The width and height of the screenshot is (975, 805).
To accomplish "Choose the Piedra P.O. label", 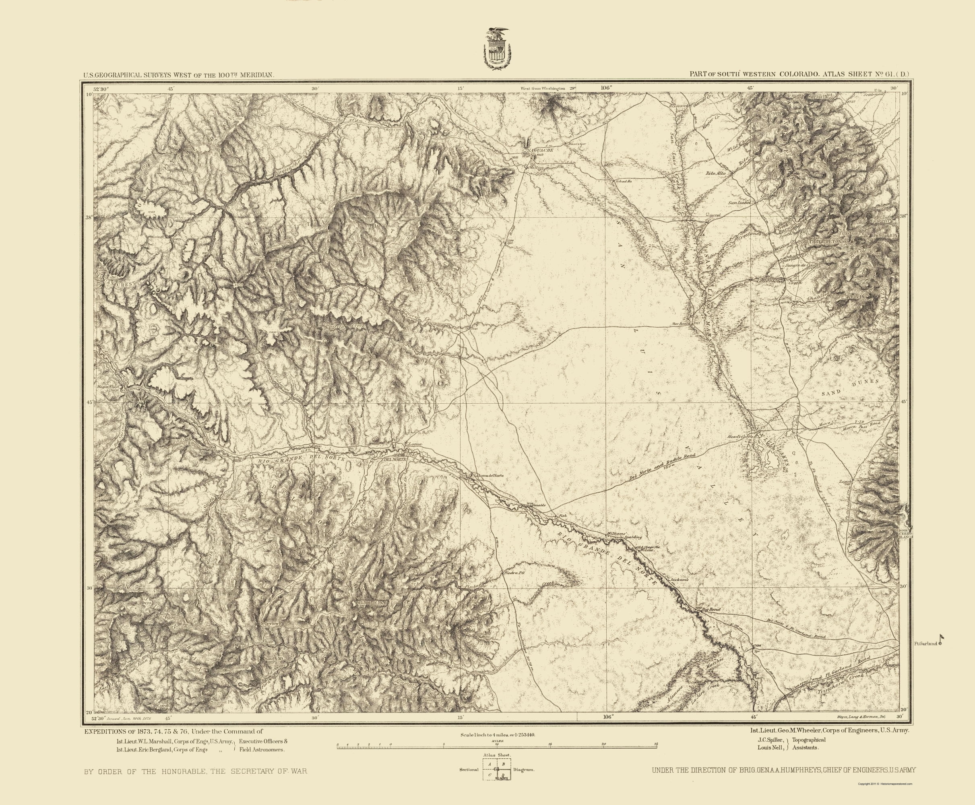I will tap(514, 573).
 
